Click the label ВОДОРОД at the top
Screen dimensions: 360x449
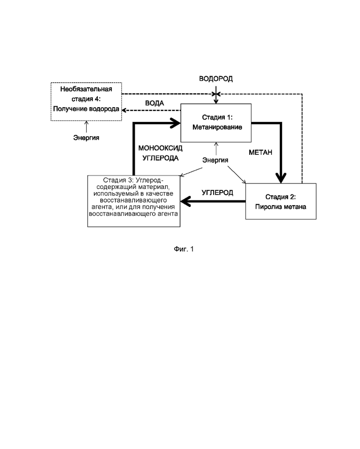216,79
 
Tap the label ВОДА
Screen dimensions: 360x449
155,103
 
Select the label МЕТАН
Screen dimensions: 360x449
260,152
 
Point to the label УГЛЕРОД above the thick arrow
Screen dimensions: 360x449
217,193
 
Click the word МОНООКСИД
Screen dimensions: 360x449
160,148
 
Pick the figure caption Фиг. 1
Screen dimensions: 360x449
184,249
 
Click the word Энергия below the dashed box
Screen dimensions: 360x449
86,138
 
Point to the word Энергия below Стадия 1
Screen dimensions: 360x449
215,160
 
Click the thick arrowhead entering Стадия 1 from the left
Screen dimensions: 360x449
175,123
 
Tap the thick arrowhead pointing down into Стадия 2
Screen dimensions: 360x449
281,178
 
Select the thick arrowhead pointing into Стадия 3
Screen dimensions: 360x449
186,201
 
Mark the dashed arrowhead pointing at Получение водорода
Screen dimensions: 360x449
125,110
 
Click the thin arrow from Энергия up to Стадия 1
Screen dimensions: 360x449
216,149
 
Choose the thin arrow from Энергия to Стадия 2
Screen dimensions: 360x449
237,175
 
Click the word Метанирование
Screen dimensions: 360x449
217,127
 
